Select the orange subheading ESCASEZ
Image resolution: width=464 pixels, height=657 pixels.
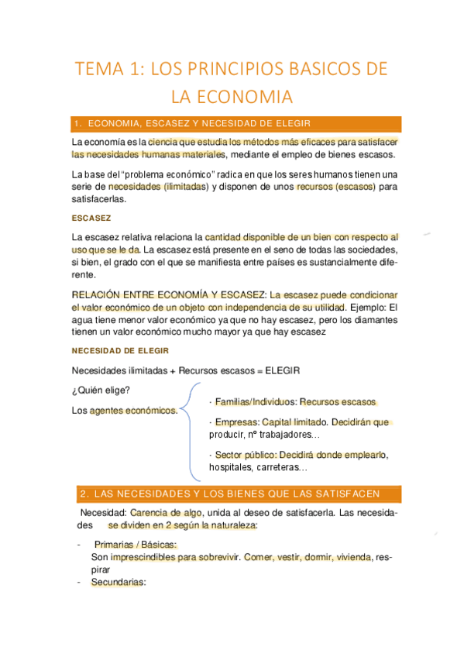point(91,218)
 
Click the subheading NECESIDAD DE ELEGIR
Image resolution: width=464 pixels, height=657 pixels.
point(119,350)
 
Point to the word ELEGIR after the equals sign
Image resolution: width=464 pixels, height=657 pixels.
point(283,370)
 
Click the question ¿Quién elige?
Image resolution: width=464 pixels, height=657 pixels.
point(101,389)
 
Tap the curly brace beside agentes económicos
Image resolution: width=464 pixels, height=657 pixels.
point(190,431)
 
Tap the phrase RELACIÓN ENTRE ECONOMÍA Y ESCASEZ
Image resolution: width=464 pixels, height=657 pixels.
point(168,295)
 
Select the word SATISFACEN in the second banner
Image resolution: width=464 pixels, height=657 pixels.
point(367,494)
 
